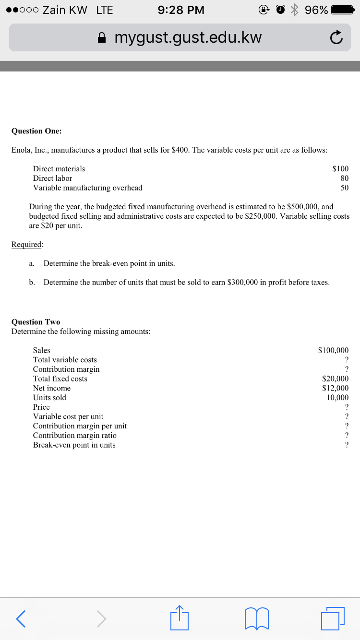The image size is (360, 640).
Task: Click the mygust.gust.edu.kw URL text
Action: pyautogui.click(x=188, y=37)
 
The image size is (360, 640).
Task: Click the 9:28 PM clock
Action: pyautogui.click(x=180, y=10)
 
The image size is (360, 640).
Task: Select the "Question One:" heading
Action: pyautogui.click(x=36, y=131)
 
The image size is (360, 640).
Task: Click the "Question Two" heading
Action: pyautogui.click(x=36, y=322)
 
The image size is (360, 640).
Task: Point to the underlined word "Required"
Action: pyautogui.click(x=27, y=245)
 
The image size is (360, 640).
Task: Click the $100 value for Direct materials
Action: pyautogui.click(x=340, y=169)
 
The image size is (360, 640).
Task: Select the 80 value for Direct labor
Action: pyautogui.click(x=344, y=178)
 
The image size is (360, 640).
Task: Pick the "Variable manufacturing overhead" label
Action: pyautogui.click(x=87, y=188)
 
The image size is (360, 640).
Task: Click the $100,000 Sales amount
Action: pyautogui.click(x=333, y=351)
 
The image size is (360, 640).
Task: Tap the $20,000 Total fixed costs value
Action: pyautogui.click(x=335, y=379)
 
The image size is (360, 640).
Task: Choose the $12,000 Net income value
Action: pyautogui.click(x=335, y=388)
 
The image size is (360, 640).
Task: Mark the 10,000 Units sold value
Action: pyautogui.click(x=337, y=398)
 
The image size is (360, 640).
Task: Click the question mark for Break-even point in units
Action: pyautogui.click(x=347, y=445)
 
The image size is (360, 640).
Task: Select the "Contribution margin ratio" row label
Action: pyautogui.click(x=74, y=436)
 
